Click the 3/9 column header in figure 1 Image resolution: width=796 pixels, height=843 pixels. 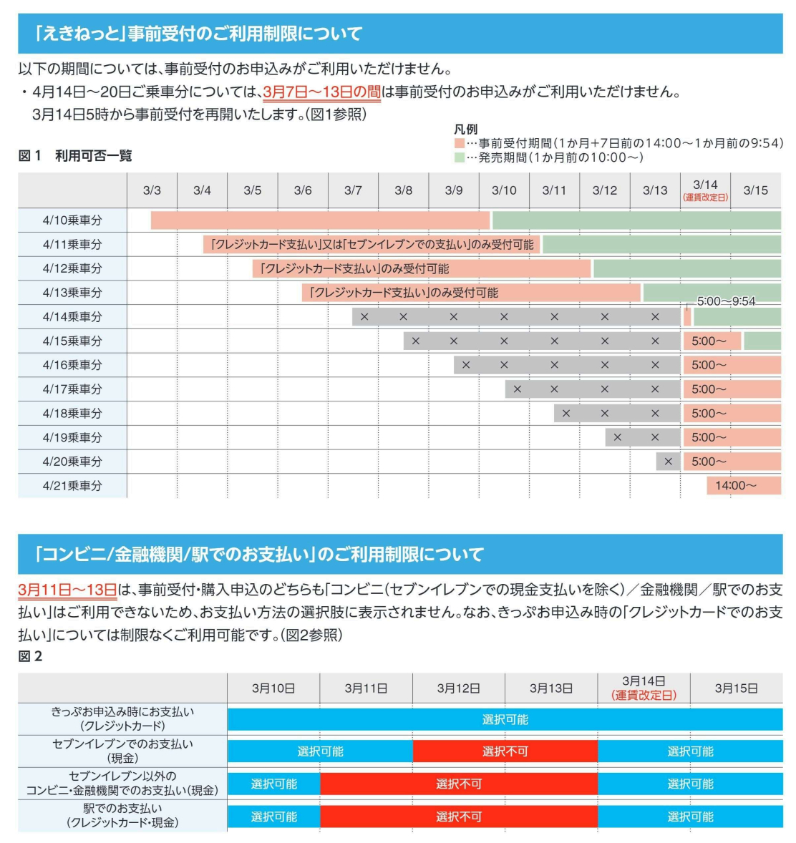pos(454,190)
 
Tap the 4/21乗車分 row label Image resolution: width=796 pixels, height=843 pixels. pos(72,486)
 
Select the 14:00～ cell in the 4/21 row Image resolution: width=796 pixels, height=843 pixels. pos(735,486)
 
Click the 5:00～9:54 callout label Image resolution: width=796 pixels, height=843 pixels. pos(726,301)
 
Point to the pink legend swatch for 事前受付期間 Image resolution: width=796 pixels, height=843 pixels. pos(460,143)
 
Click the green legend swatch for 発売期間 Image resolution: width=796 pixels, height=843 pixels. pos(460,157)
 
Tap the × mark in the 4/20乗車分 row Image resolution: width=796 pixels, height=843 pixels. pos(668,462)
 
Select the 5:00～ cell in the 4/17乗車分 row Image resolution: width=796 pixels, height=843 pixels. pos(709,389)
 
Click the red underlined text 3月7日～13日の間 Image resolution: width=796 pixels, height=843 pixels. pos(322,92)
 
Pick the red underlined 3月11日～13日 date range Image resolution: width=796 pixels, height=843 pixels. pos(67,590)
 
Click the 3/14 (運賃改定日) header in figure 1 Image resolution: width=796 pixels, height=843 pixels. pos(705,190)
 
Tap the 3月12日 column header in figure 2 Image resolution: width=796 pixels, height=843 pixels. pos(458,688)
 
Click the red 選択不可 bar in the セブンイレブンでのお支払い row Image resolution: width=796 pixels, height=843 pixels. pos(505,751)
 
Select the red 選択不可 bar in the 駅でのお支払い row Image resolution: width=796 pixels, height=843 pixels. pos(458,817)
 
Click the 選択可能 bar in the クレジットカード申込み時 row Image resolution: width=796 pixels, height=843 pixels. pos(505,719)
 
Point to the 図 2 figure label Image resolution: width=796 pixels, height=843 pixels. pos(30,656)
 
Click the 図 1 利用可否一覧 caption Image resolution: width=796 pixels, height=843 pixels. pos(75,156)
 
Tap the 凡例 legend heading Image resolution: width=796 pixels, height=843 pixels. pos(465,130)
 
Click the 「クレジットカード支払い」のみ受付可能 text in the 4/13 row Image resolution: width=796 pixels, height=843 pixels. pos(404,293)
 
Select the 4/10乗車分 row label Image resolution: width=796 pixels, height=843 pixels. pos(72,220)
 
